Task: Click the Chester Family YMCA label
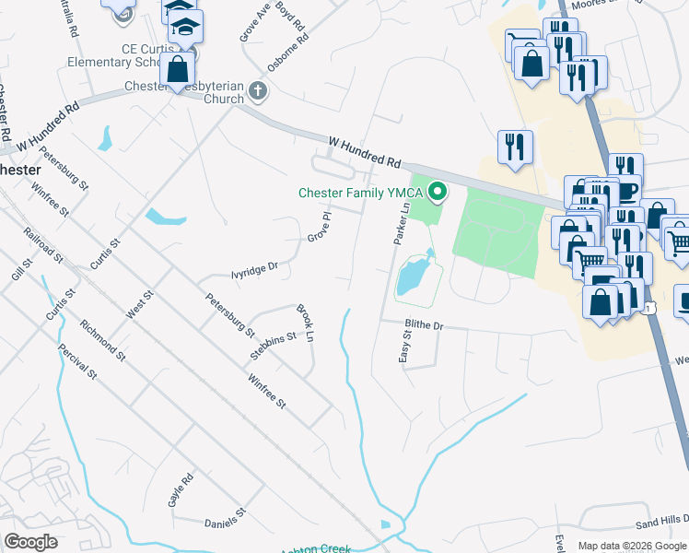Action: point(362,193)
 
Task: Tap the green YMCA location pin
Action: point(438,193)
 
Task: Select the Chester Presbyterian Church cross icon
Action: point(258,92)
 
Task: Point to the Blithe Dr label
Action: point(425,326)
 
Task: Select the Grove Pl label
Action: point(318,227)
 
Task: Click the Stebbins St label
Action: point(273,346)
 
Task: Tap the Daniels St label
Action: point(227,517)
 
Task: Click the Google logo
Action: point(30,542)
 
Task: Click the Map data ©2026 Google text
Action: point(632,546)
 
